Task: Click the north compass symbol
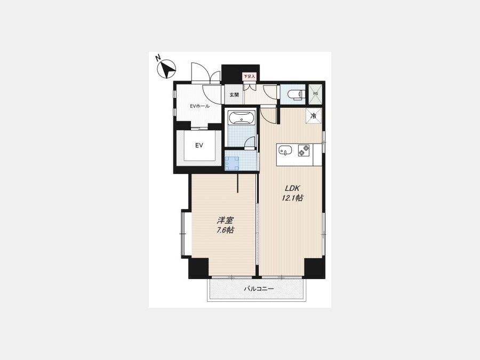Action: (166, 69)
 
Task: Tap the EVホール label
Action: (199, 106)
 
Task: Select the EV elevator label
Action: (199, 146)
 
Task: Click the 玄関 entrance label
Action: (234, 94)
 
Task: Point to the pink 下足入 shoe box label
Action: (249, 76)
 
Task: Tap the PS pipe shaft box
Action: (315, 93)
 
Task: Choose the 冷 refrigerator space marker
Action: (314, 116)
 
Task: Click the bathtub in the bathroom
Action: (242, 118)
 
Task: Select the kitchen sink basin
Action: (285, 150)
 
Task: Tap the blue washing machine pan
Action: (231, 163)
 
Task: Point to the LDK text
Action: (292, 188)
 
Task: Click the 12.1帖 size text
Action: (292, 198)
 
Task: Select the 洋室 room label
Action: (225, 220)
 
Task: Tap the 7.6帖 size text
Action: (225, 230)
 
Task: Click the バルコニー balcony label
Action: (259, 289)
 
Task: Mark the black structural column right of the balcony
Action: (315, 268)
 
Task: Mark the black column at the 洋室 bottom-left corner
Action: (198, 268)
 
